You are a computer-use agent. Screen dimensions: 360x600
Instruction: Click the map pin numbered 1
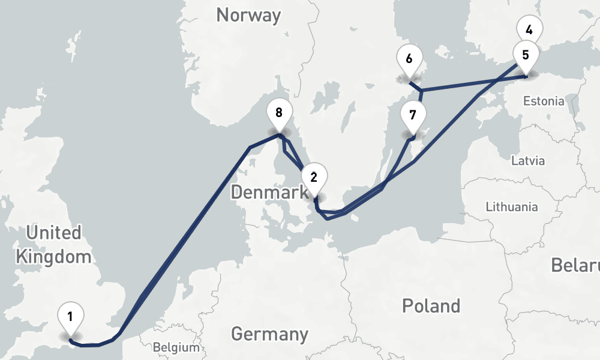pos(70,317)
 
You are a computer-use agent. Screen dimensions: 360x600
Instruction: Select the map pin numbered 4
pos(529,29)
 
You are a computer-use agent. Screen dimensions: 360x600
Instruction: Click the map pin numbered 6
pos(409,59)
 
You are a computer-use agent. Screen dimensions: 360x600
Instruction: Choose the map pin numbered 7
pos(413,115)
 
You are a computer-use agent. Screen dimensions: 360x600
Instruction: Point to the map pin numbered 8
pos(278,112)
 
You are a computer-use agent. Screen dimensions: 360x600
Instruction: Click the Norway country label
pos(248,16)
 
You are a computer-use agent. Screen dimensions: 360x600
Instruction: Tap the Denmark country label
pos(268,193)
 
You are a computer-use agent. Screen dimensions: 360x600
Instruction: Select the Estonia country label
pos(543,101)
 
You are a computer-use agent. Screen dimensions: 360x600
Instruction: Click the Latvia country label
pos(528,161)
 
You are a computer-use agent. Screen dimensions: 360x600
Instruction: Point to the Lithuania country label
pos(512,207)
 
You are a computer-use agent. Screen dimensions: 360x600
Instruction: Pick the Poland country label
pos(431,306)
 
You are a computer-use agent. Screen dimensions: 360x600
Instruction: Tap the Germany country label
pos(269,334)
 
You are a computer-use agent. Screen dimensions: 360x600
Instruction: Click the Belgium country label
pos(176,347)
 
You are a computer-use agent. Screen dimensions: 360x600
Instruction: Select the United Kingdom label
pos(53,245)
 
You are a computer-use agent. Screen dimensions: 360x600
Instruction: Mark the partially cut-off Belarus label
pos(576,265)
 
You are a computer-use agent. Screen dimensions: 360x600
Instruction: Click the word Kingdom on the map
pos(53,257)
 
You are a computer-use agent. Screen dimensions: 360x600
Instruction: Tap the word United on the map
pos(53,232)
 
